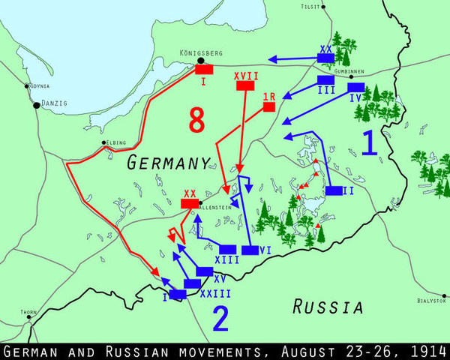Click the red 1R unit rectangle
[268, 107]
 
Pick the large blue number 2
[220, 319]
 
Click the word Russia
[328, 306]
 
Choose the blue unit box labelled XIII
[228, 250]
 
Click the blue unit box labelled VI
[250, 250]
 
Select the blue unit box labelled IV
[356, 87]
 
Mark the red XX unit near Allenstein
[190, 203]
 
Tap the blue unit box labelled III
[325, 79]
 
